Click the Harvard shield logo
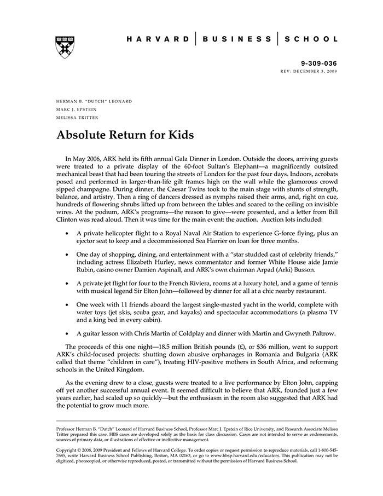click(65, 48)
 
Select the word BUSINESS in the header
click(236, 39)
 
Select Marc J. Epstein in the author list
click(77, 109)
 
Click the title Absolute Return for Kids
click(125, 135)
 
